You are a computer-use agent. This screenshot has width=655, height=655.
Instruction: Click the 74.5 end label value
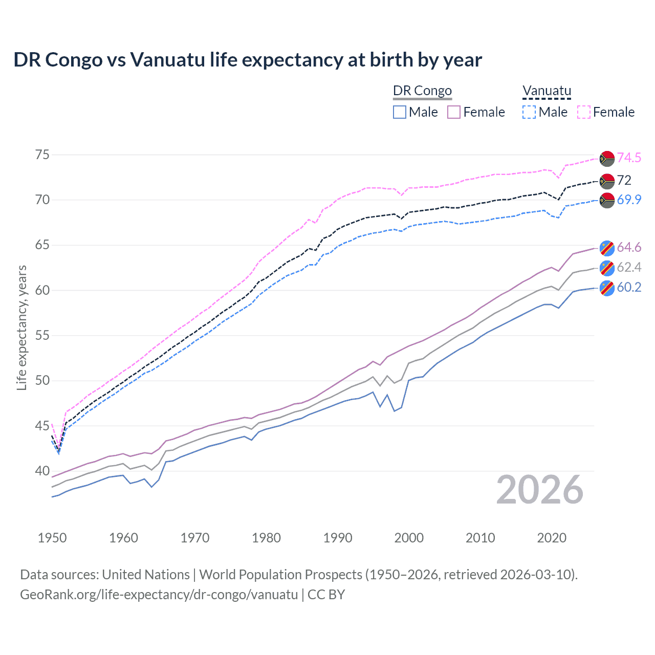[x=629, y=158]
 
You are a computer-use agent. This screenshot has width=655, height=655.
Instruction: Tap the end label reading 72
[x=624, y=180]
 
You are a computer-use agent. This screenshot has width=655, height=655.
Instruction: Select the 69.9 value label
[x=629, y=200]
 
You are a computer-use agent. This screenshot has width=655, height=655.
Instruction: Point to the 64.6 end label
[x=629, y=248]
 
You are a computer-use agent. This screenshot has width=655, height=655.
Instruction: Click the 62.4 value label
[x=629, y=267]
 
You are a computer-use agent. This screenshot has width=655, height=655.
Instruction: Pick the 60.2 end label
[x=629, y=287]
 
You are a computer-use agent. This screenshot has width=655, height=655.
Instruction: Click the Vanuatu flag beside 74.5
[x=607, y=158]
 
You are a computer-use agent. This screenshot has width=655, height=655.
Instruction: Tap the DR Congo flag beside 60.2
[x=607, y=288]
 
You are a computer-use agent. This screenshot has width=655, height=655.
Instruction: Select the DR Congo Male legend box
[x=400, y=112]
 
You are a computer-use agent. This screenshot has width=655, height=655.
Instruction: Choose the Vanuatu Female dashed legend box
[x=584, y=112]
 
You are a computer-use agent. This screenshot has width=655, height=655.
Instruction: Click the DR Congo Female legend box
[x=454, y=112]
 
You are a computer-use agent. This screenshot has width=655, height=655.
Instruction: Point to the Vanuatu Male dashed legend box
[x=529, y=112]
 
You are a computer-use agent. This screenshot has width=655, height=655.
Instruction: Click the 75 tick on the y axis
[x=42, y=155]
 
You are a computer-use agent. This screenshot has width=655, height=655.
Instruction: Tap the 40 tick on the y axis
[x=42, y=471]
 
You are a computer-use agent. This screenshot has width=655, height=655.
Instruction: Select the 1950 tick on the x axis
[x=52, y=538]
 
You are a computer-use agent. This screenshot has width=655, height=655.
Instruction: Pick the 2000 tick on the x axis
[x=409, y=538]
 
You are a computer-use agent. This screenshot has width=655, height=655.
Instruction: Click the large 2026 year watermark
[x=540, y=490]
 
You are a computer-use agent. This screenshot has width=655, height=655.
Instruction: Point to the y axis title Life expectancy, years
[x=21, y=327]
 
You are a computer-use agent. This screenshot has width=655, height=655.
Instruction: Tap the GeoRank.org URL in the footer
[x=159, y=595]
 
